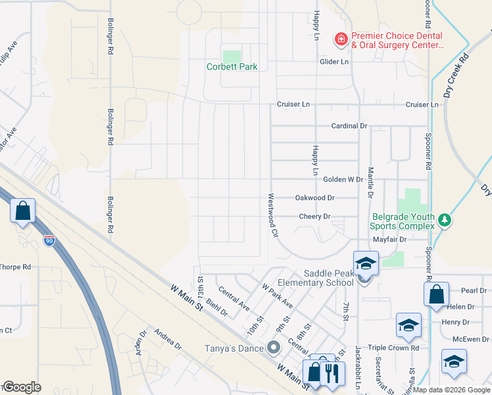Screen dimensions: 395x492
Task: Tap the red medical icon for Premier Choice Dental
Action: pos(341,40)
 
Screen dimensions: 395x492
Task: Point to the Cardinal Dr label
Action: pos(349,126)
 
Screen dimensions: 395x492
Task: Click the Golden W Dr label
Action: pos(343,179)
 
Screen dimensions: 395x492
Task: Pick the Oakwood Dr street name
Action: pos(315,197)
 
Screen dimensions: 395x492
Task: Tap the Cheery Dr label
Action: pos(314,216)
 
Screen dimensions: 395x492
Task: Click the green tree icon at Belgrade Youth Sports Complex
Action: pos(445,219)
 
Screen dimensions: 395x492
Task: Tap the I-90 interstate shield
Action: pos(49,240)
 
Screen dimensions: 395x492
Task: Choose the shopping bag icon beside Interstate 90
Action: pos(23,211)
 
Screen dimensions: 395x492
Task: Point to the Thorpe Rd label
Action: pos(15,267)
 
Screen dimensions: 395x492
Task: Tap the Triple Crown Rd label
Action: pos(393,348)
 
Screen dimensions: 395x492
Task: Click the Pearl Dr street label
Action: pos(474,290)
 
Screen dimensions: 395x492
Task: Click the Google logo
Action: pos(22,387)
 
